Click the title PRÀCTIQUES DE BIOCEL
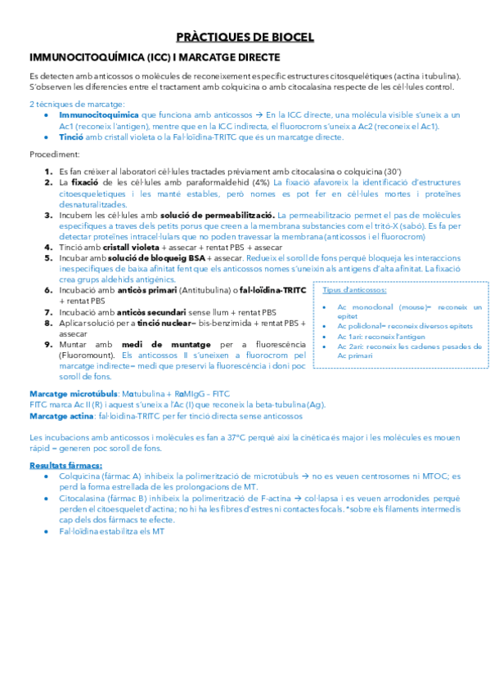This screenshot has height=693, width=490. pyautogui.click(x=245, y=38)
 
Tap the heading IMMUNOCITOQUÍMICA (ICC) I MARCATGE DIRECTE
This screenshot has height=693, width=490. pyautogui.click(x=155, y=57)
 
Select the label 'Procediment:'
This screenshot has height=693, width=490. pyautogui.click(x=55, y=154)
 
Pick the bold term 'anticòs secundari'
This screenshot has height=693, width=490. pyautogui.click(x=145, y=311)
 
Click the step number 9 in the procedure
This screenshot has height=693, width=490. pyautogui.click(x=49, y=345)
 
